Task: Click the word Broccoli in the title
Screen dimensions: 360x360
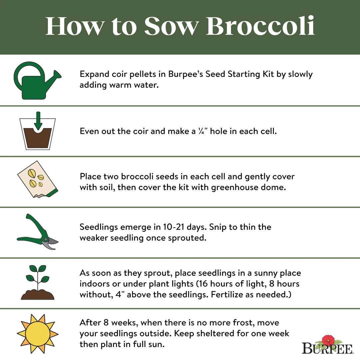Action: click(260, 26)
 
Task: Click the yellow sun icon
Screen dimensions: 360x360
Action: click(37, 333)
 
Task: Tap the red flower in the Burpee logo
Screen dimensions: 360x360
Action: click(328, 340)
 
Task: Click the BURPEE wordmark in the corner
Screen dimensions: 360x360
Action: click(327, 349)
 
